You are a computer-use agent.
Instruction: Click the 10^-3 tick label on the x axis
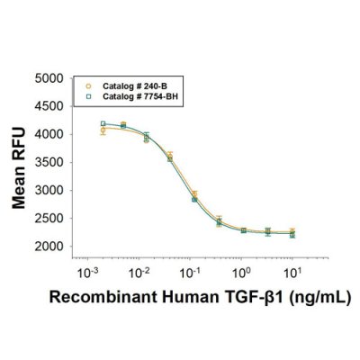[x=86, y=270]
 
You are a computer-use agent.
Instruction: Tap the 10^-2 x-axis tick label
[x=138, y=270]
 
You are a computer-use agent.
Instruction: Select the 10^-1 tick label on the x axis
[x=189, y=270]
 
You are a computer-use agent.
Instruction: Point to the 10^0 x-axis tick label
[x=240, y=270]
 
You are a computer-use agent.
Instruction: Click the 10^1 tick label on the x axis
[x=292, y=270]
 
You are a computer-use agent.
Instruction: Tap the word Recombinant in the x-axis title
[x=92, y=296]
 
